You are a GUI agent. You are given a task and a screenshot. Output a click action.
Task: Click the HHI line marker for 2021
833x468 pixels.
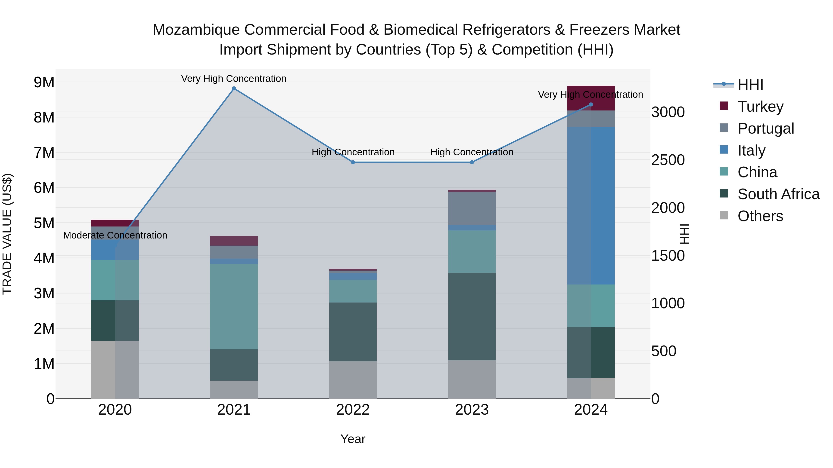[x=234, y=89]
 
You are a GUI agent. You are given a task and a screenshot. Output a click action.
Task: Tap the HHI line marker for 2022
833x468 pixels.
[x=353, y=162]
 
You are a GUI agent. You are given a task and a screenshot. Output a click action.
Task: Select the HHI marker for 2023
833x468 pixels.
[x=472, y=162]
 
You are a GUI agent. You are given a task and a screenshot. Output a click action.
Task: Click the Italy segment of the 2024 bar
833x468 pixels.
[x=591, y=206]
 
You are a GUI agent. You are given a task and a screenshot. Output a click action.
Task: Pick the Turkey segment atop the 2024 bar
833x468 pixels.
[x=591, y=98]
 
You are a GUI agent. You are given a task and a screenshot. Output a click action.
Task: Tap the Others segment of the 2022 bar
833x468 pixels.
[x=353, y=379]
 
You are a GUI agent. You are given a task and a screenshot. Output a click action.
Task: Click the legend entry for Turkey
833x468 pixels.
[x=760, y=106]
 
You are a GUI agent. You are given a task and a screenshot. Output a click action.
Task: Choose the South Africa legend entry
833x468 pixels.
[x=778, y=194]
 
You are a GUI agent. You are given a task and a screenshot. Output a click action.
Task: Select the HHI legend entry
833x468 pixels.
[x=750, y=85]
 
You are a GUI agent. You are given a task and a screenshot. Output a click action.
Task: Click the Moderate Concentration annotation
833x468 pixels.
[x=115, y=235]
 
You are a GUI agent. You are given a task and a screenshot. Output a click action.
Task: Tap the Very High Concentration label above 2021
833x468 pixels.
[x=233, y=79]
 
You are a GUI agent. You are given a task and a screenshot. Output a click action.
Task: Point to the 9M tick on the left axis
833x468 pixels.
[x=44, y=82]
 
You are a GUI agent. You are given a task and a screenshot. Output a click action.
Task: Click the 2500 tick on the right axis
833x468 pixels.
[x=668, y=160]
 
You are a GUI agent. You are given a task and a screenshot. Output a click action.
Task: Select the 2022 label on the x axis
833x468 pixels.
[x=353, y=410]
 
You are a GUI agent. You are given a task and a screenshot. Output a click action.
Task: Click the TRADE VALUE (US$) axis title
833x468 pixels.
[x=7, y=234]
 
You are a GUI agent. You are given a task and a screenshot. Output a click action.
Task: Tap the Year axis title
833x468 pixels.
[x=353, y=439]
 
